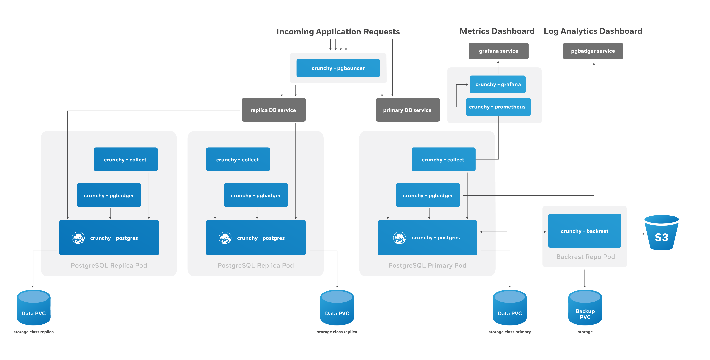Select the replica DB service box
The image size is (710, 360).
273,110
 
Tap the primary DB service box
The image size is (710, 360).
407,110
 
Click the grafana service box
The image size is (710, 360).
498,51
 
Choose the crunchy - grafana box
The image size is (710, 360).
498,84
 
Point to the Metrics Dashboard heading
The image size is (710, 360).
497,31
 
